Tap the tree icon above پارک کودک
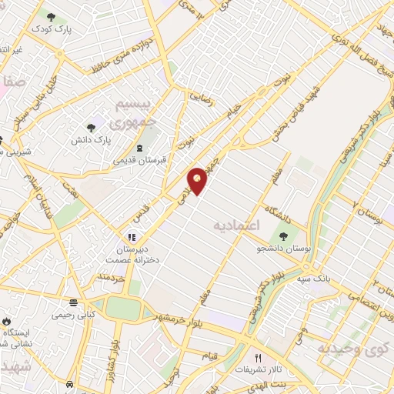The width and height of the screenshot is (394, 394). click(x=51, y=16)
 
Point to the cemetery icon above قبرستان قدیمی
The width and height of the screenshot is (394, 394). click(x=139, y=148)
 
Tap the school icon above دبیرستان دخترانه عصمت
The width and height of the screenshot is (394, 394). click(x=132, y=237)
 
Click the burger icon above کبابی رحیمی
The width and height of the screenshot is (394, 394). click(x=73, y=302)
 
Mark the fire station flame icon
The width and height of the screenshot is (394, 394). click(x=7, y=322)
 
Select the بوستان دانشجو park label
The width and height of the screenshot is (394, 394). click(x=284, y=249)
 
